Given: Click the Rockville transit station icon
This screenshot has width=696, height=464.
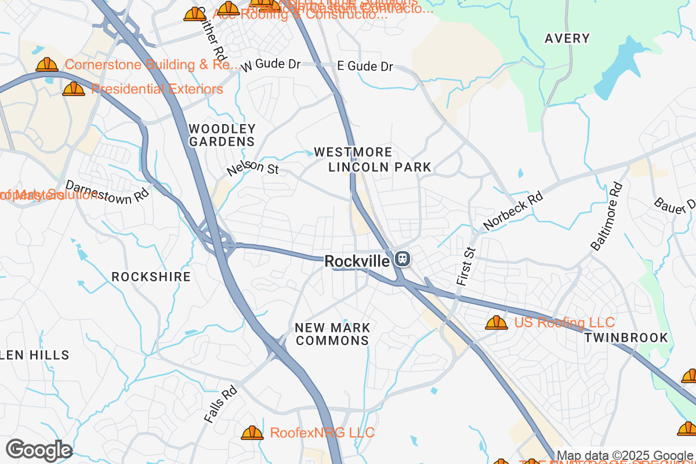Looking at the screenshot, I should tap(401, 259).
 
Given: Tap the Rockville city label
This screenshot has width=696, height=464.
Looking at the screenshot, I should tap(357, 262).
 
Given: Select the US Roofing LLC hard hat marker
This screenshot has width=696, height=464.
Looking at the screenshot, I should tap(496, 322).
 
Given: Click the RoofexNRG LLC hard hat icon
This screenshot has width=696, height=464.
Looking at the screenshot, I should tap(252, 433).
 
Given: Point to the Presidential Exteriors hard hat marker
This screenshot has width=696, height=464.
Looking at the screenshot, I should tap(73, 89).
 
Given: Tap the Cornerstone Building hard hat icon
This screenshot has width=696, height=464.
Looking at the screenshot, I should tap(47, 64).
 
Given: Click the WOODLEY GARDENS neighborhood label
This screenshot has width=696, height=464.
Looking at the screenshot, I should tap(222, 135).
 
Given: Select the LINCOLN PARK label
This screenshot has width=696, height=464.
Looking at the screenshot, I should tap(380, 168).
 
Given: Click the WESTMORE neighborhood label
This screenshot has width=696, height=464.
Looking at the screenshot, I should tap(353, 152).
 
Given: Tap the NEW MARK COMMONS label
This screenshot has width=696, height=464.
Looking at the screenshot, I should tap(332, 334).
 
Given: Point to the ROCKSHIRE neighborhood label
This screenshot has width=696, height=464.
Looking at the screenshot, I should tap(151, 277).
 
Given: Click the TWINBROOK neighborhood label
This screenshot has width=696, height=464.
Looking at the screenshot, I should tap(626, 338).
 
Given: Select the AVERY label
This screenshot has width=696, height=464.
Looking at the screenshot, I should tap(567, 39).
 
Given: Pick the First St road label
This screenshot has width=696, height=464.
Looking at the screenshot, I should tap(465, 265).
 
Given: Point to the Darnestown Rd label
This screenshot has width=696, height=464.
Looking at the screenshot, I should tap(107, 191).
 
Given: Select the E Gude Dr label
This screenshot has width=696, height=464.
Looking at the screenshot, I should tap(365, 67).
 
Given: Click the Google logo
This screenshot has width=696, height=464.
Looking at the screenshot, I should tap(39, 450).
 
